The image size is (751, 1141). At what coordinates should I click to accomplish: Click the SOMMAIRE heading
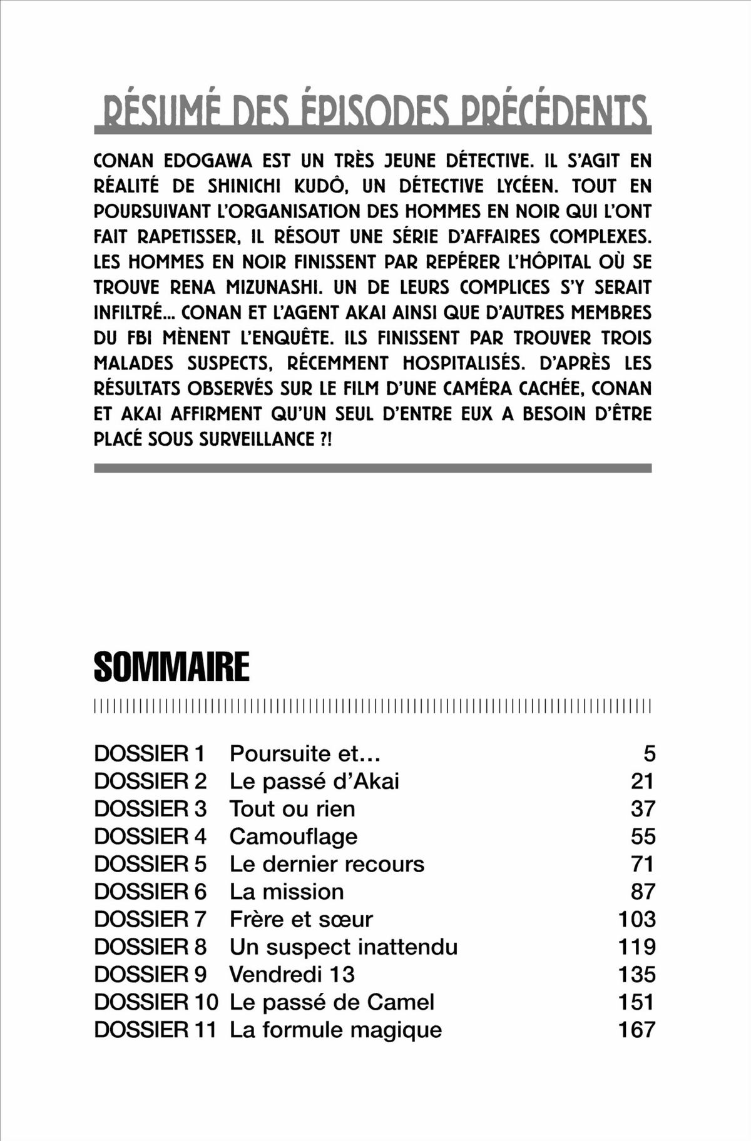(171, 667)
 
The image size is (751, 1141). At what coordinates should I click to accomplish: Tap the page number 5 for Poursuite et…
(650, 753)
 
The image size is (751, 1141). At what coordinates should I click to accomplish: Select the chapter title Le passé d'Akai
(314, 781)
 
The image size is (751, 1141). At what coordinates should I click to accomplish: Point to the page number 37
(643, 808)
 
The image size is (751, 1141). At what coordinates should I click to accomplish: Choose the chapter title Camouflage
(294, 837)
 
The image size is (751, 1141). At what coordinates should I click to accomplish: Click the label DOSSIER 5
(150, 864)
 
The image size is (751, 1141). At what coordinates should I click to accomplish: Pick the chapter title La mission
(287, 892)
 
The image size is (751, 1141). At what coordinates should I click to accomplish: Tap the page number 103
(636, 919)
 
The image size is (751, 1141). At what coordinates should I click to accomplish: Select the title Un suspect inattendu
(344, 947)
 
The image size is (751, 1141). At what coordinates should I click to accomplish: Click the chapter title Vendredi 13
(292, 974)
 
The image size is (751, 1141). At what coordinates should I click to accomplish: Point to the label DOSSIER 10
(156, 1002)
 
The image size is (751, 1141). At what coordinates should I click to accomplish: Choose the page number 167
(636, 1029)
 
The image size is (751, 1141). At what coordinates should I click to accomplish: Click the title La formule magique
(335, 1029)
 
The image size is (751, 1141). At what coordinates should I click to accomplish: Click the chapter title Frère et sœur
(301, 919)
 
